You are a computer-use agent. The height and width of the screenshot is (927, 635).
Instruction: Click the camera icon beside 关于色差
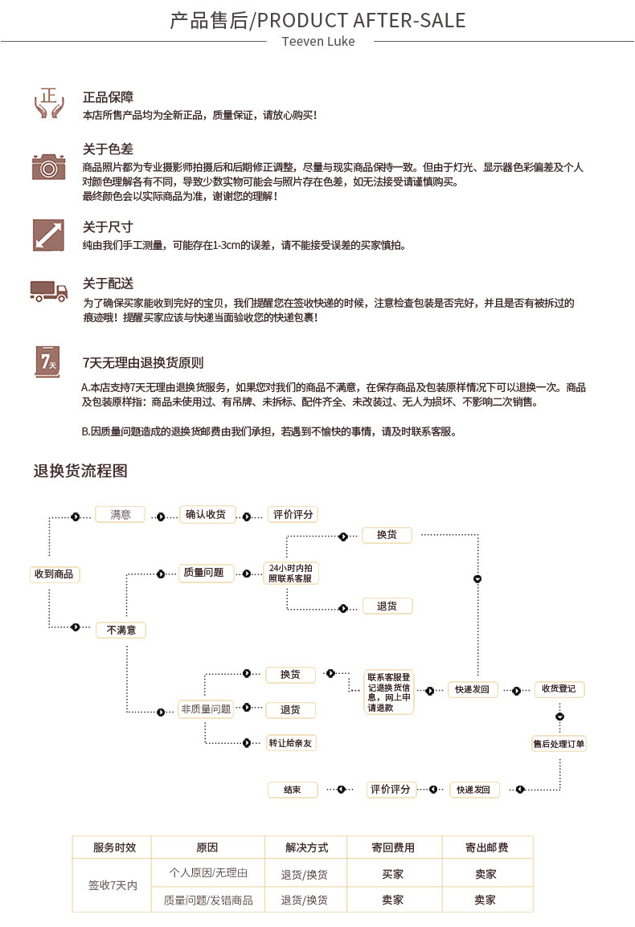pyautogui.click(x=48, y=167)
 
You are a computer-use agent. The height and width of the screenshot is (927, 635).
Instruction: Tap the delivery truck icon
pyautogui.click(x=48, y=291)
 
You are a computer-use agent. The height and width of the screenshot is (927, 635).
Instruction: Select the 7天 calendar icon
pyautogui.click(x=47, y=361)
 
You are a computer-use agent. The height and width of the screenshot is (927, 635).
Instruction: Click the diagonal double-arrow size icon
pyautogui.click(x=48, y=235)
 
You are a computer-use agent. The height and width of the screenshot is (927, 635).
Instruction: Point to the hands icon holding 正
pyautogui.click(x=48, y=103)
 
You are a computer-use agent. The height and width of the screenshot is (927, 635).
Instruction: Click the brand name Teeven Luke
pyautogui.click(x=318, y=42)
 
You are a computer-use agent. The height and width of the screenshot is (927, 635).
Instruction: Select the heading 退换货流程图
pyautogui.click(x=80, y=471)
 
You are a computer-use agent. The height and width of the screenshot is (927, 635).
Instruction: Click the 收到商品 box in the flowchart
pyautogui.click(x=55, y=574)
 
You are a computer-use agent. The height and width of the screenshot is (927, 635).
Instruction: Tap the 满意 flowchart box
pyautogui.click(x=120, y=514)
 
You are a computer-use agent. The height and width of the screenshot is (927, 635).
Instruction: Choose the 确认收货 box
pyautogui.click(x=207, y=514)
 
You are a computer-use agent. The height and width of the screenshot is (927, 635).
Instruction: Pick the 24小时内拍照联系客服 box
pyautogui.click(x=291, y=573)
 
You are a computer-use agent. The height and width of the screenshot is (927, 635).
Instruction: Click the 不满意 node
pyautogui.click(x=121, y=631)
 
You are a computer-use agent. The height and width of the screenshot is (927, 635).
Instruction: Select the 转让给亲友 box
pyautogui.click(x=291, y=743)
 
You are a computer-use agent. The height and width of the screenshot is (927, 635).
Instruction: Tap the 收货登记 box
pyautogui.click(x=559, y=688)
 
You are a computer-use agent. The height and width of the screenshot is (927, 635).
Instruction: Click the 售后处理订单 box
pyautogui.click(x=559, y=744)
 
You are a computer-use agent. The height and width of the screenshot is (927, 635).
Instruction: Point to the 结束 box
pyautogui.click(x=293, y=790)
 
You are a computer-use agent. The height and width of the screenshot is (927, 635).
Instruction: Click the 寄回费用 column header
pyautogui.click(x=394, y=847)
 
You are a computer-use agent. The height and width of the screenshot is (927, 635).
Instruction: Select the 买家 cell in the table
pyautogui.click(x=393, y=874)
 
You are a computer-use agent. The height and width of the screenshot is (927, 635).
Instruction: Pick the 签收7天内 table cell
pyautogui.click(x=113, y=885)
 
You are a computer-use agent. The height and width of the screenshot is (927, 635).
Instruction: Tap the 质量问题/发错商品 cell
pyautogui.click(x=208, y=900)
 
